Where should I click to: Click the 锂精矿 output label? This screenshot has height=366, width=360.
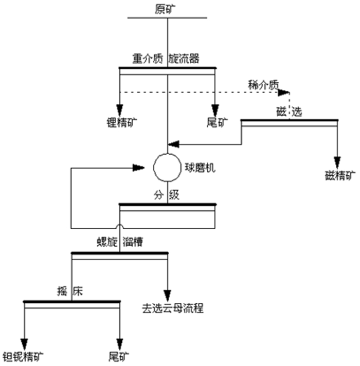pos(119,122)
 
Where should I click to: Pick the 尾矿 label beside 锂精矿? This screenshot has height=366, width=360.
pos(214,122)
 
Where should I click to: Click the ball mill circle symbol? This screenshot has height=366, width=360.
pos(167,167)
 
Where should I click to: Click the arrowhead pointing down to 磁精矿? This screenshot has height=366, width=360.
pos(337,161)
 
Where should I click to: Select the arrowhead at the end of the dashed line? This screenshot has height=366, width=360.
pos(283,93)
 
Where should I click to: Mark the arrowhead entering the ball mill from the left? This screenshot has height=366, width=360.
pos(138,167)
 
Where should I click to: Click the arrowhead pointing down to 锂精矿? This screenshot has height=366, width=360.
pos(120,110)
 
